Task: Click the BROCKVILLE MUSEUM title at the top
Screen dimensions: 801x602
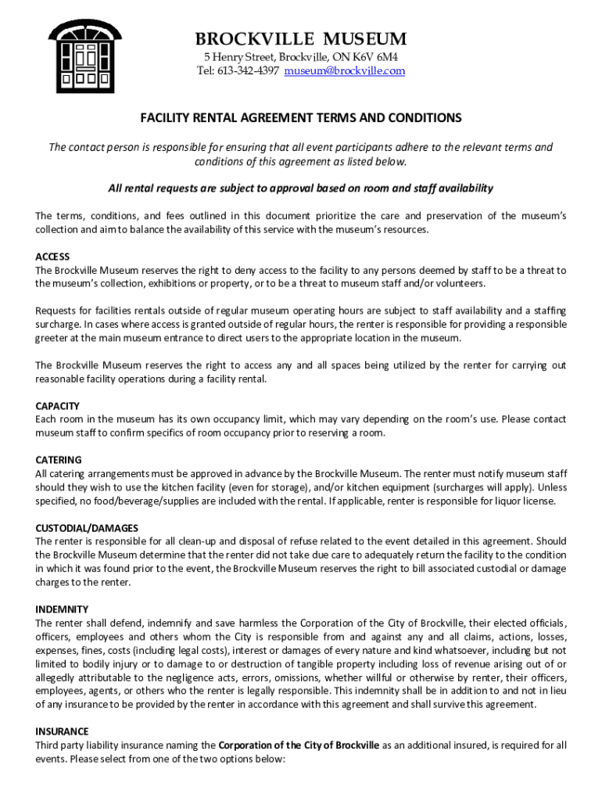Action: click(x=301, y=38)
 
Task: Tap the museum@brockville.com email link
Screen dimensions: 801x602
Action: click(x=344, y=71)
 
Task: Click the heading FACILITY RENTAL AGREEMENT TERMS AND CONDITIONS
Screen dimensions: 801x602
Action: click(x=301, y=118)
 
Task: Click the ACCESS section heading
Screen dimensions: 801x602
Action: click(x=52, y=257)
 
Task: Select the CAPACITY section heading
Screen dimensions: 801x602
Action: click(x=58, y=406)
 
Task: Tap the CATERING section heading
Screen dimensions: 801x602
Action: click(x=59, y=460)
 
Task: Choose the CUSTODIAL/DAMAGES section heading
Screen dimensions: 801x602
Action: click(x=87, y=528)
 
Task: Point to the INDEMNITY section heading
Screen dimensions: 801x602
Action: click(x=62, y=609)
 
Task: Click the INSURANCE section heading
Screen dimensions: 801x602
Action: click(x=62, y=731)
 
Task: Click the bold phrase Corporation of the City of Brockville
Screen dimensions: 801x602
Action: click(x=299, y=745)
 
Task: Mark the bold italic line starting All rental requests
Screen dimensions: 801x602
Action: click(x=301, y=188)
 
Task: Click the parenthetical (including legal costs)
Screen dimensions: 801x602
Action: click(x=162, y=650)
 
